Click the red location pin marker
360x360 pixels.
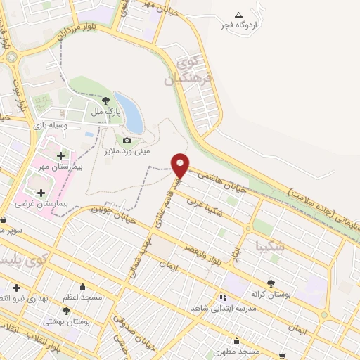tap(181, 165)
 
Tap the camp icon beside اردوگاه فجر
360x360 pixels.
tap(238, 15)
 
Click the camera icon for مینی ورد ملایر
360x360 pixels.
tap(127, 141)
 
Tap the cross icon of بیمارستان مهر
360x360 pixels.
tap(60, 155)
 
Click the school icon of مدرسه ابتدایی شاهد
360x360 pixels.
tap(224, 297)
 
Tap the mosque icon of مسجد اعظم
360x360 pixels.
tap(83, 286)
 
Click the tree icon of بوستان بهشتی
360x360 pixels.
tap(67, 310)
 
